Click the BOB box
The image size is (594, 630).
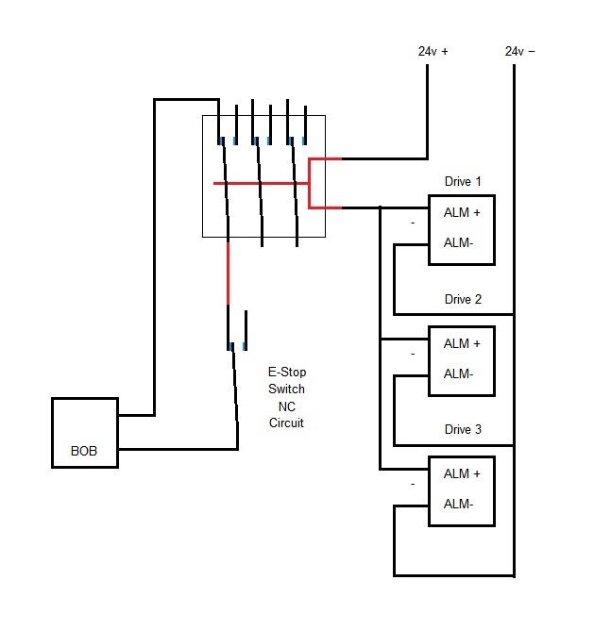pyautogui.click(x=85, y=433)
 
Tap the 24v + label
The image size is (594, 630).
pyautogui.click(x=433, y=52)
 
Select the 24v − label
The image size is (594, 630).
pyautogui.click(x=520, y=52)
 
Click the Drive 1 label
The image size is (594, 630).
pyautogui.click(x=463, y=180)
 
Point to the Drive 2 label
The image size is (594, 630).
pyautogui.click(x=463, y=300)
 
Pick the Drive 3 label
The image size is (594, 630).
pyautogui.click(x=463, y=429)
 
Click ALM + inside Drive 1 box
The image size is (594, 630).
pyautogui.click(x=462, y=212)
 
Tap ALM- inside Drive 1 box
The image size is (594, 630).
pyautogui.click(x=458, y=242)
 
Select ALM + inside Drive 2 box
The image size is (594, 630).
pyautogui.click(x=462, y=343)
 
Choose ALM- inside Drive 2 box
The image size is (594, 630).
pyautogui.click(x=458, y=373)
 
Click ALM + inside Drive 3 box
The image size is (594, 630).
pyautogui.click(x=462, y=473)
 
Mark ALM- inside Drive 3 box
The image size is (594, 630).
pyautogui.click(x=458, y=504)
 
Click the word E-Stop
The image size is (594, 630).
pyautogui.click(x=286, y=373)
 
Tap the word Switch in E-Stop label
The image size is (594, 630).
pyautogui.click(x=286, y=390)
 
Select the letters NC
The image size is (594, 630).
pyautogui.click(x=286, y=406)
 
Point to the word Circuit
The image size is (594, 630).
pyautogui.click(x=286, y=423)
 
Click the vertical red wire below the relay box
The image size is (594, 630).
pyautogui.click(x=228, y=274)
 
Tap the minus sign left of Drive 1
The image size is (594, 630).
pyautogui.click(x=413, y=223)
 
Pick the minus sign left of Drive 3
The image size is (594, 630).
pyautogui.click(x=413, y=484)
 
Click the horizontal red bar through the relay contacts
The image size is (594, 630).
pyautogui.click(x=260, y=183)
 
